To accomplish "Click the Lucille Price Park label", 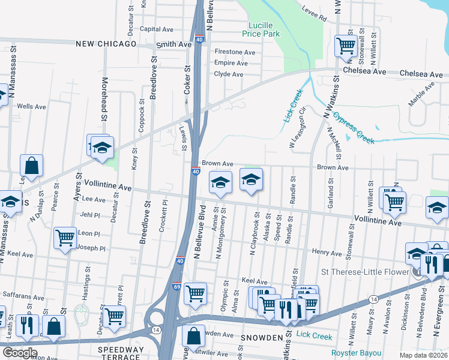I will [x=261, y=30].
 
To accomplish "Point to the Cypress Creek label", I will [x=354, y=128].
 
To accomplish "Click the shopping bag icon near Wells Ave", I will [x=31, y=165].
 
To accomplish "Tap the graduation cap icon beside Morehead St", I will [x=103, y=148].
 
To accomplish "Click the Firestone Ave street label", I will [x=235, y=52].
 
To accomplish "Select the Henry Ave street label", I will [x=327, y=252].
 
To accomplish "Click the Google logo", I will [x=19, y=353].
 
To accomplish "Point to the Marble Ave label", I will [x=421, y=95].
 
